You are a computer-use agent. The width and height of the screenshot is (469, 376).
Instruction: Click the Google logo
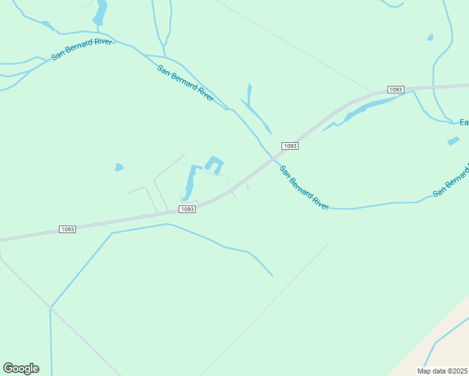coord(21,368)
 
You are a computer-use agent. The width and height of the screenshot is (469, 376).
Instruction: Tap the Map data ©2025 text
coord(442,371)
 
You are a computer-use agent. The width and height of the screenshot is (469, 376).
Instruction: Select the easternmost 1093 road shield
coord(395,90)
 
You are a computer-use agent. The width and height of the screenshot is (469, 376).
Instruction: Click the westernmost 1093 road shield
coord(68,229)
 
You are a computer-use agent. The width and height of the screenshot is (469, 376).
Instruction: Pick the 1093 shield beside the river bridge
coord(289,146)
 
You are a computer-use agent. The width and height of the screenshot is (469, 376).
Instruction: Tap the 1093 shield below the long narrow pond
coord(187,209)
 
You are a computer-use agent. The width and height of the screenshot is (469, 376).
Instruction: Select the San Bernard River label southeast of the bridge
coord(304,187)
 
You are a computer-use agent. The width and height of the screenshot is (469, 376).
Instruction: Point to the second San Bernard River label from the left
coord(186,83)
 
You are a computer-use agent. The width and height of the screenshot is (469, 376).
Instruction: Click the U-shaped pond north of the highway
coord(214,164)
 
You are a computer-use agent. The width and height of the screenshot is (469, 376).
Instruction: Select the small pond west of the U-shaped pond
coord(119,167)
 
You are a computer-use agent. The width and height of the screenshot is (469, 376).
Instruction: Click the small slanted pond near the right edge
coord(453,141)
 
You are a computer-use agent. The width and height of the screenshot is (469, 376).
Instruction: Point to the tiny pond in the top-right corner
coord(430,38)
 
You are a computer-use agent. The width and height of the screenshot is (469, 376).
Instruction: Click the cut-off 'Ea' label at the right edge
coord(464,122)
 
